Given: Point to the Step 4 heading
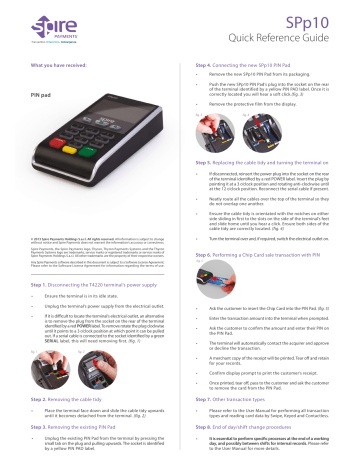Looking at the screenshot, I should [251, 65].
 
